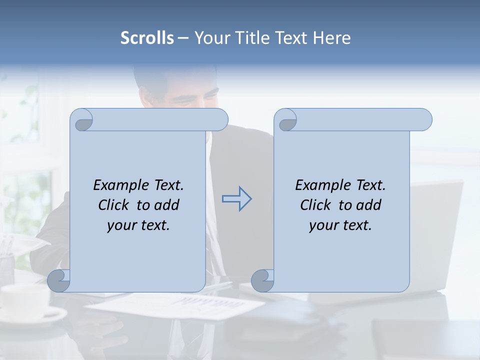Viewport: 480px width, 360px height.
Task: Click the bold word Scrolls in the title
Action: coord(147,38)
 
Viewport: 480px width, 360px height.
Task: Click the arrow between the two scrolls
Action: coord(236,199)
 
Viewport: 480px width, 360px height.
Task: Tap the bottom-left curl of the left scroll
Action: coord(58,280)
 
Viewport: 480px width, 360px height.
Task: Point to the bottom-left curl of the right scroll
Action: coord(262,280)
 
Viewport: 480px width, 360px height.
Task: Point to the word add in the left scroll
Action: coord(167,205)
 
